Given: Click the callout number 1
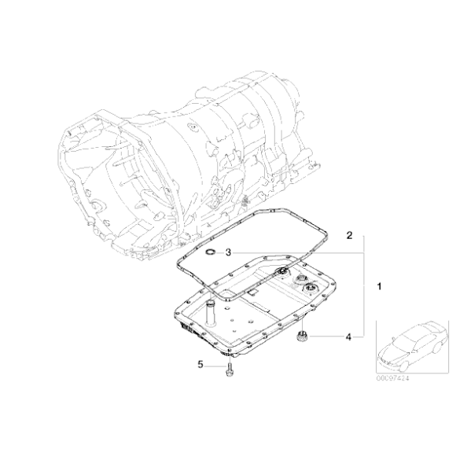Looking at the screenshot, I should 380,287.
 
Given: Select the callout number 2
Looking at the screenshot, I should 349,234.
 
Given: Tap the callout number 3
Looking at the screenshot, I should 227,252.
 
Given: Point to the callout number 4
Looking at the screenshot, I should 347,337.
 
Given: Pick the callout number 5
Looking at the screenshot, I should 200,364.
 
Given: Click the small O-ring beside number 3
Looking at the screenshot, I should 209,252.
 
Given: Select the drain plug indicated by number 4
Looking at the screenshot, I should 301,338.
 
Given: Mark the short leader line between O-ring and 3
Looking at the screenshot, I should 219,252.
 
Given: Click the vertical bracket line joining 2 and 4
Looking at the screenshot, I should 364,291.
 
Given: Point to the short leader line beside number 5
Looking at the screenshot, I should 214,364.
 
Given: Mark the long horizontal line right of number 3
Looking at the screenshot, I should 299,252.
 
